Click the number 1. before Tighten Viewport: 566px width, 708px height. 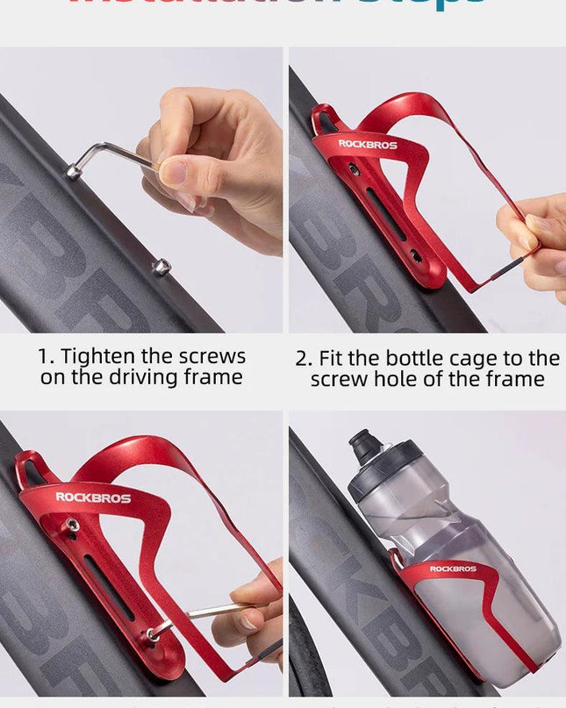[x=46, y=357]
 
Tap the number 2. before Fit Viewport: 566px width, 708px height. [x=304, y=358]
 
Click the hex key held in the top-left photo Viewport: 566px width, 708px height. [x=104, y=155]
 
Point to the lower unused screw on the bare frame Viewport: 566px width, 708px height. [x=161, y=267]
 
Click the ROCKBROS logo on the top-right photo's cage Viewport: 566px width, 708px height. [x=368, y=144]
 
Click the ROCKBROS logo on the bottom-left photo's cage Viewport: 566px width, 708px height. [x=93, y=497]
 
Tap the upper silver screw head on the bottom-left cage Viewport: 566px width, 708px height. [x=72, y=526]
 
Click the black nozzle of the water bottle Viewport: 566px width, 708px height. [x=362, y=447]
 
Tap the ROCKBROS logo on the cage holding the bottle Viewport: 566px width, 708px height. [x=453, y=569]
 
